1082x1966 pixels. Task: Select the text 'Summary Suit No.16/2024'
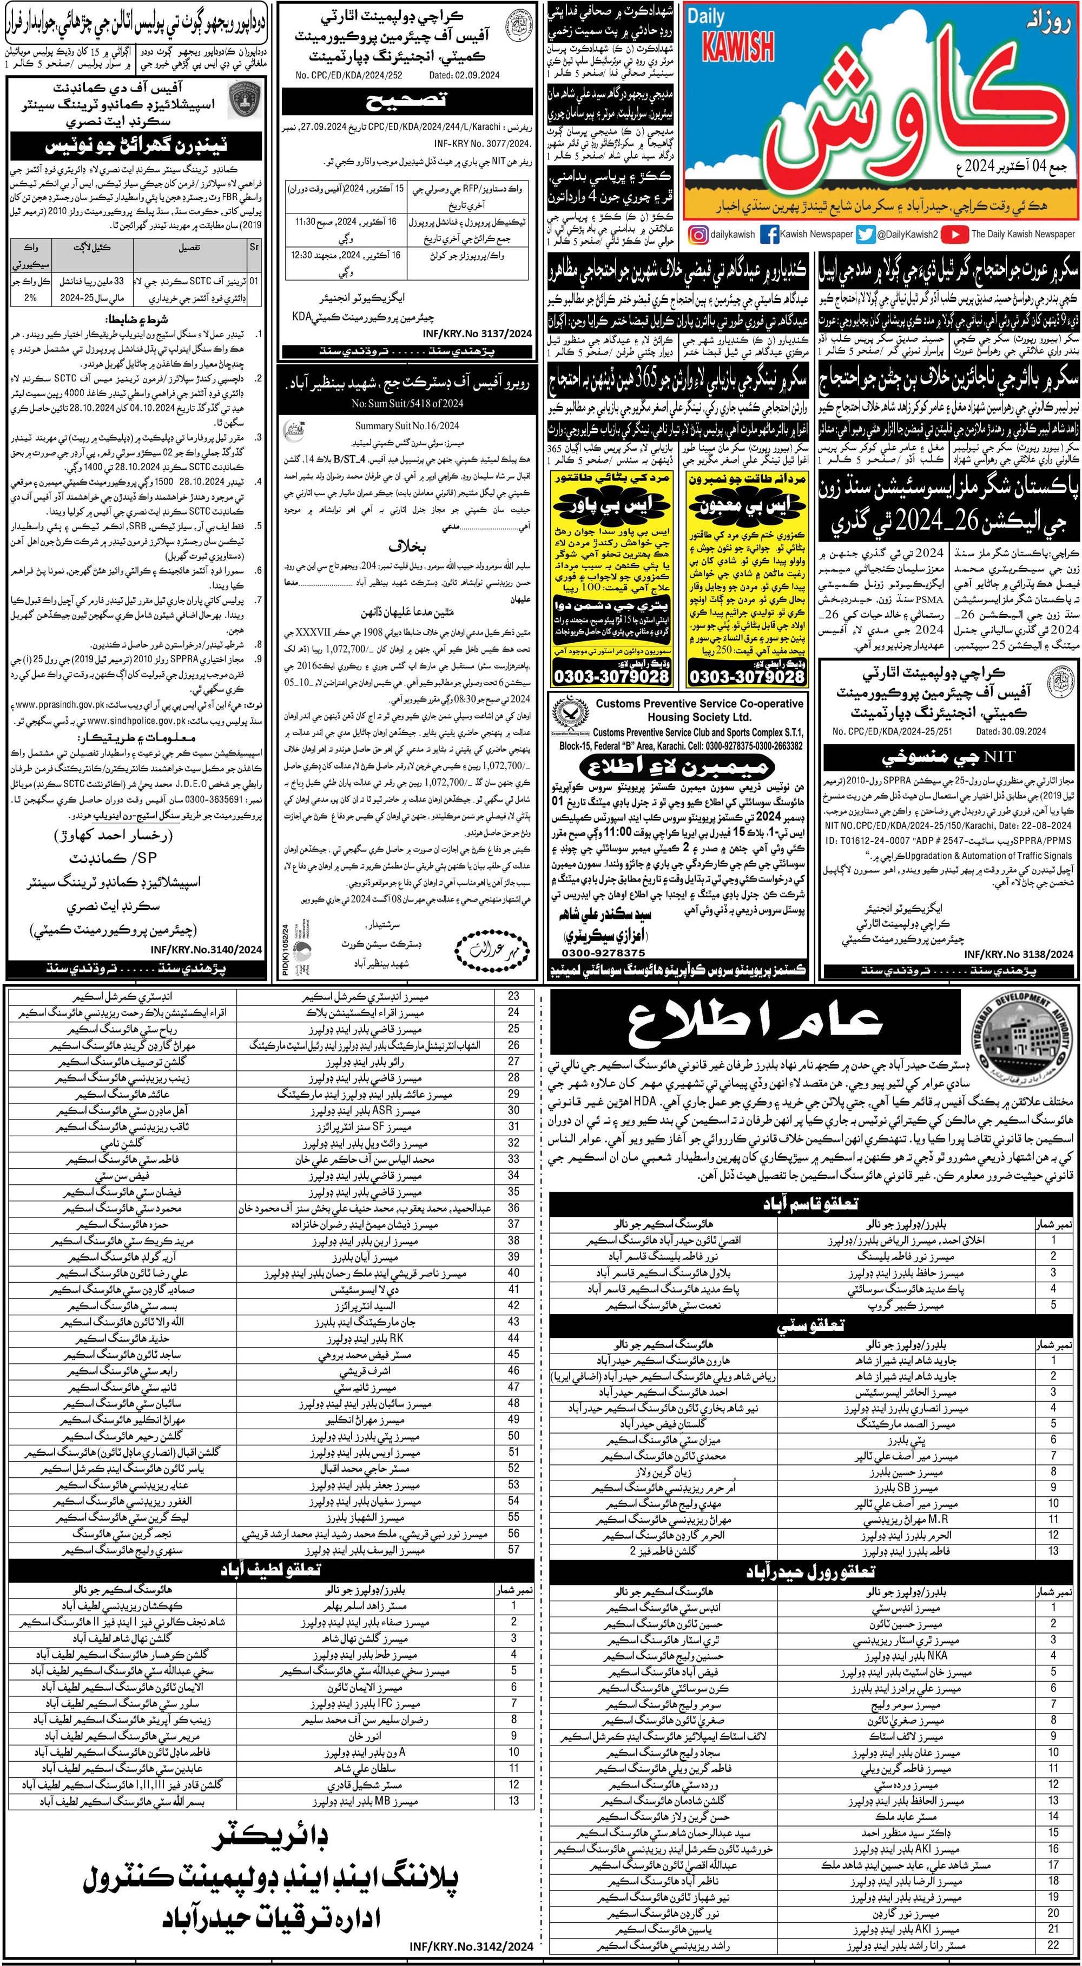point(395,426)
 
